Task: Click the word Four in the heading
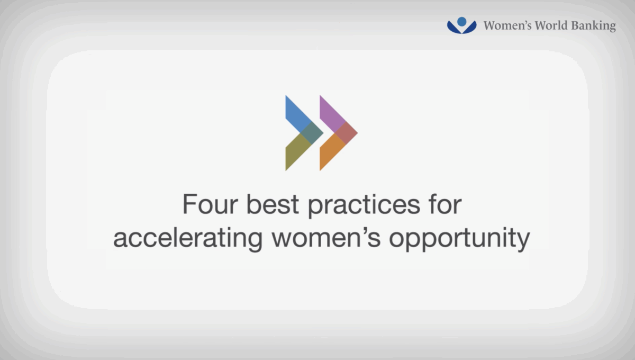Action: (210, 204)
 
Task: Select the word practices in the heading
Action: (364, 205)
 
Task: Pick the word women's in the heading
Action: (326, 238)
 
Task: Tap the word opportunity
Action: (459, 239)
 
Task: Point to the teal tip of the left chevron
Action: (312, 133)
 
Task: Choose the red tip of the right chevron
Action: (346, 133)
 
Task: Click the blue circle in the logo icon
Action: (462, 22)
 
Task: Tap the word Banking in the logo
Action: (593, 26)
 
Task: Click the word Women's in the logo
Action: (507, 25)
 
